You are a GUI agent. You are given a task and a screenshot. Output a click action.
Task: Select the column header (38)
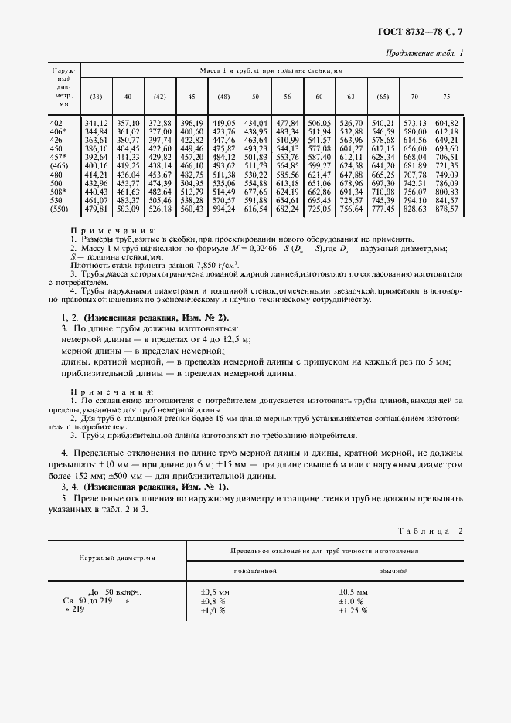pos(96,97)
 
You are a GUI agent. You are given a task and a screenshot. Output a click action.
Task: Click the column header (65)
pos(383,97)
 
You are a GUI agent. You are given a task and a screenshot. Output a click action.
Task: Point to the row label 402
pos(56,123)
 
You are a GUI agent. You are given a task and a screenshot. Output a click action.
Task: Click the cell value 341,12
pos(96,123)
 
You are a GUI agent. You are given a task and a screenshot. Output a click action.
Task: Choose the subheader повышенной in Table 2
pos(255,571)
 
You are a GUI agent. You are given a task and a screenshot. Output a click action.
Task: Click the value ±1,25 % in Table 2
pos(353,610)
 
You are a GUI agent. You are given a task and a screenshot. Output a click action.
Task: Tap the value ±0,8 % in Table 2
pos(213,600)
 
